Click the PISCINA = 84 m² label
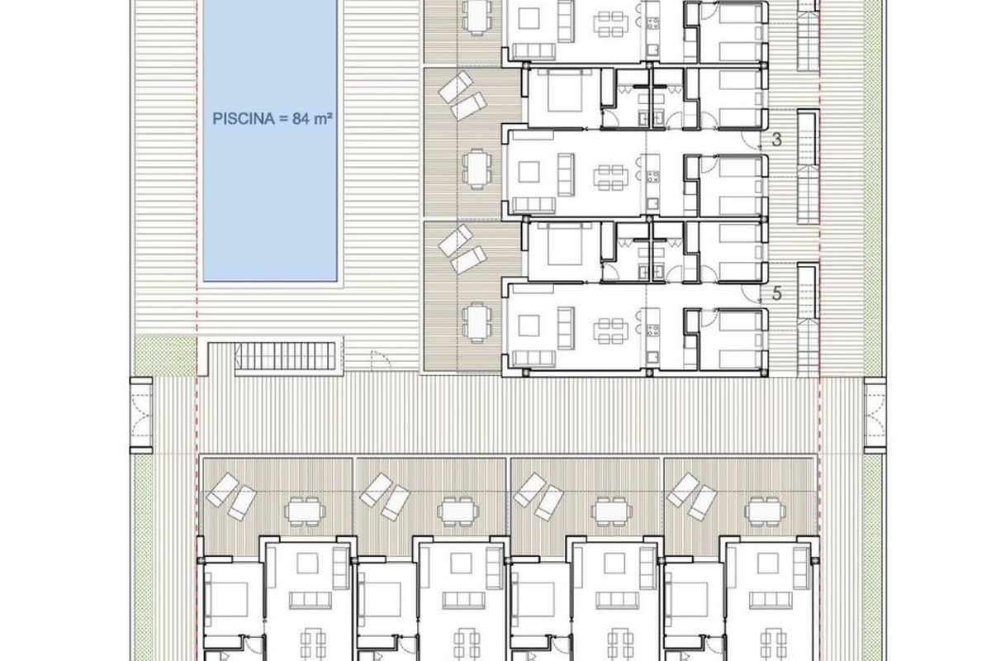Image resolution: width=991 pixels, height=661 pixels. pos(272,119)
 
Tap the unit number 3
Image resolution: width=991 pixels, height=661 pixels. pos(776,140)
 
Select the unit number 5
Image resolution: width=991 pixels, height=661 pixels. pos(776,293)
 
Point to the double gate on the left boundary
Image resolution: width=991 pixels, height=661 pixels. pos(141,416)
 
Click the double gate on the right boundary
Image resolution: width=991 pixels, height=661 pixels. pos(875,416)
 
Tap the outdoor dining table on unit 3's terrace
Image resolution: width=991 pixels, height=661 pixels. pos(477,169)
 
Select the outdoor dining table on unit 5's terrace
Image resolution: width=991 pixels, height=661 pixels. pos(477,323)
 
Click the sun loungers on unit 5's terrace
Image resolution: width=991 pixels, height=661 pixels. pos(462,250)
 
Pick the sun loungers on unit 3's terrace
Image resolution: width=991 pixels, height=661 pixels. pos(462,96)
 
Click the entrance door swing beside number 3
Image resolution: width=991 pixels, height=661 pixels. pos(752,139)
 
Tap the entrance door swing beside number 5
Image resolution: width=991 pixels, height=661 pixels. pos(752,292)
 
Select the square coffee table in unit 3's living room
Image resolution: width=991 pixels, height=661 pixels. pos(529,172)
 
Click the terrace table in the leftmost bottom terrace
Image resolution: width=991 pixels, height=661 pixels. pos(305,512)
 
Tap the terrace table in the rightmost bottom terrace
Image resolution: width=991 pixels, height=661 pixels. pos(766,512)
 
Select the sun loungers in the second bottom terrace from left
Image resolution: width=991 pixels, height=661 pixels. pos(385,497)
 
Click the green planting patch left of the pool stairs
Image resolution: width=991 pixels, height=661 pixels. pos(165,354)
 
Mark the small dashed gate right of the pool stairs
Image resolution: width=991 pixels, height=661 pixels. pos(381,359)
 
